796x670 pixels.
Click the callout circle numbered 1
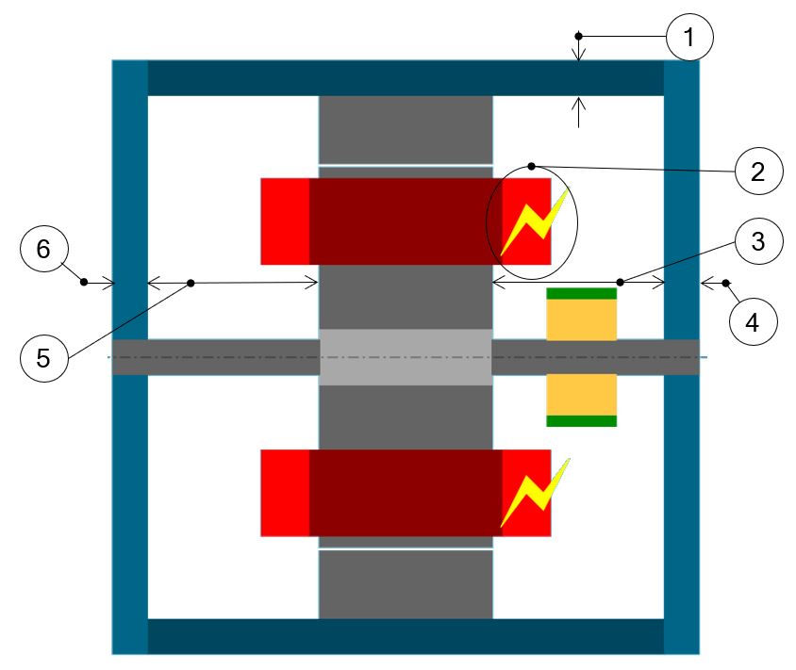689,40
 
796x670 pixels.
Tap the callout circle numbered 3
759,244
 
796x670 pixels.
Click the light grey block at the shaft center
406,357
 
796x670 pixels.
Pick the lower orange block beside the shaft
581,394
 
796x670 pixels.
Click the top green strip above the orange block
581,293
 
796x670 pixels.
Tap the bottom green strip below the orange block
581,421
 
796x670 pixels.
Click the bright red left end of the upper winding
285,221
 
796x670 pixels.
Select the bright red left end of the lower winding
285,493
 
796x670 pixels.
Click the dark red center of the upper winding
406,221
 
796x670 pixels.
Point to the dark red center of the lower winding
406,493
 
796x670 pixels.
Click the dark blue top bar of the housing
406,78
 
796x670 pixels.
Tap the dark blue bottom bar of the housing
406,636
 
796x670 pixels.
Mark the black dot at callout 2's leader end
532,166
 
